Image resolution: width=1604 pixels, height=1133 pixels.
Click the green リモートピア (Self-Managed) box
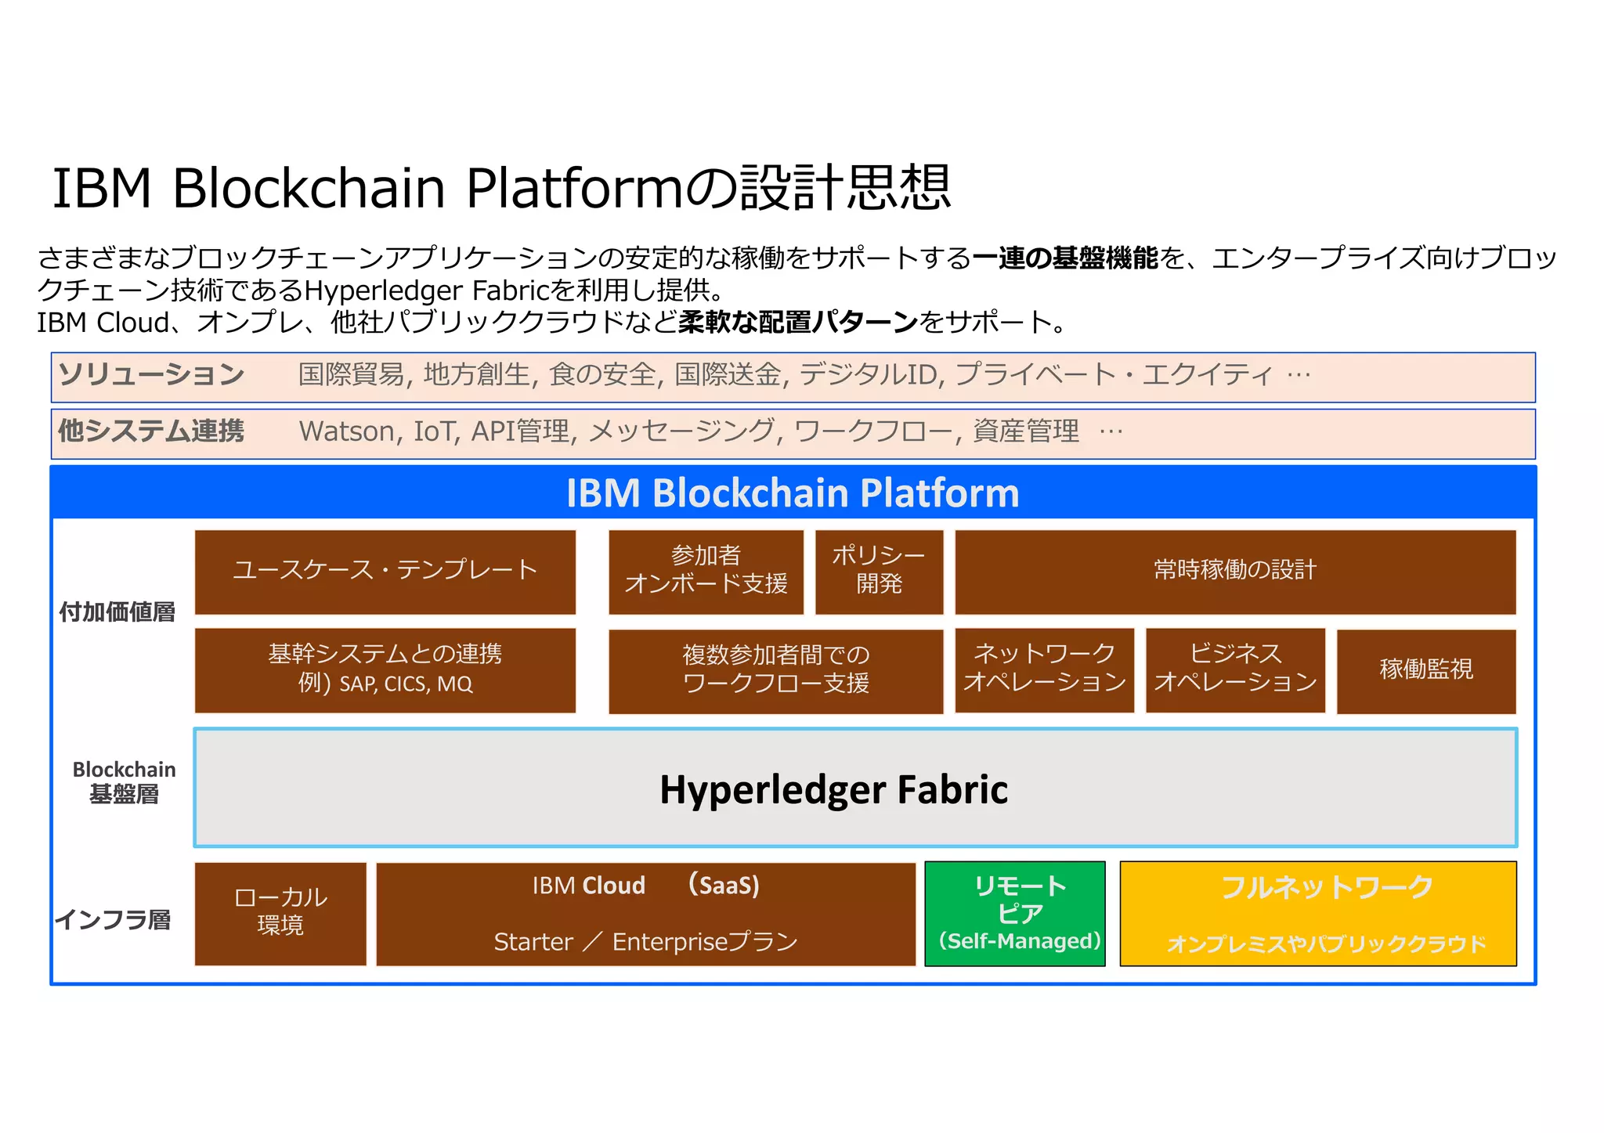click(1015, 913)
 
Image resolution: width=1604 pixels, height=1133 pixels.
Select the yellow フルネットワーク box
click(1318, 913)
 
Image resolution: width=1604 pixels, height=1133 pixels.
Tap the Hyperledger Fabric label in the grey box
click(833, 789)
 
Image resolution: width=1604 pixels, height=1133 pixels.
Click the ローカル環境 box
click(280, 913)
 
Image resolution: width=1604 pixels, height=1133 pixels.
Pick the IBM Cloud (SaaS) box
click(646, 913)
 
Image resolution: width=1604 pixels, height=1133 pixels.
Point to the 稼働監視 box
click(1426, 670)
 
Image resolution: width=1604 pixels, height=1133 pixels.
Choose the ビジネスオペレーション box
click(1235, 669)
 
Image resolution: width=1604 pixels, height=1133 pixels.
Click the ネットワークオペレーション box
click(1044, 669)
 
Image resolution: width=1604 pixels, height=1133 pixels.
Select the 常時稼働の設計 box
click(1235, 571)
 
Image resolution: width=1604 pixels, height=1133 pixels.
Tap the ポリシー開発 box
click(879, 571)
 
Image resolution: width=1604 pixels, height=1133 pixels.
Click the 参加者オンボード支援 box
click(706, 571)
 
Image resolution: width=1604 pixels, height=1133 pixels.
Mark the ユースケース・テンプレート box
click(385, 571)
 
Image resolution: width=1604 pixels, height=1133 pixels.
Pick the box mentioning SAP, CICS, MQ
click(385, 669)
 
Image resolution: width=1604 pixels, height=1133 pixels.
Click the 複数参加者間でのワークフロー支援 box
click(775, 670)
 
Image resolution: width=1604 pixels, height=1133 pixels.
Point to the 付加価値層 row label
click(117, 612)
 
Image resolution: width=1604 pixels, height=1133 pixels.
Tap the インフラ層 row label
click(114, 919)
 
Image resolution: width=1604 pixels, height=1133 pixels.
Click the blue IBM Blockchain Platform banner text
click(793, 493)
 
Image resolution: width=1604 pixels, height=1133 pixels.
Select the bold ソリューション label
click(151, 375)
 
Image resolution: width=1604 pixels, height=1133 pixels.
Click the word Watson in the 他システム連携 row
click(347, 431)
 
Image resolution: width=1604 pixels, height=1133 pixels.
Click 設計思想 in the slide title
click(846, 188)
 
